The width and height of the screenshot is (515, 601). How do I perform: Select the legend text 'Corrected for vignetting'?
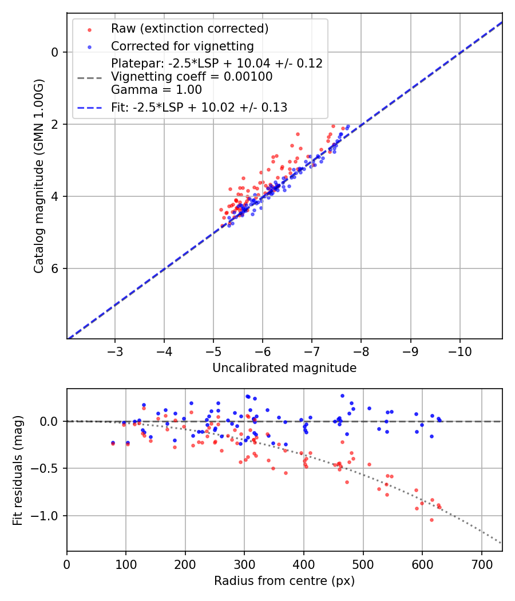(182, 46)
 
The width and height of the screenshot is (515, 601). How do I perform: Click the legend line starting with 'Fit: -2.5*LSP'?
(199, 107)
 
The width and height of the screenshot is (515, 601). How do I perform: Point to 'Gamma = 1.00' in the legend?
(156, 89)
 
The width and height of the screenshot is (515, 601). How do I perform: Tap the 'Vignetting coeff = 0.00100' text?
(192, 76)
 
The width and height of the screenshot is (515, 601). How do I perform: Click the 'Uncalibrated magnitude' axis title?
(284, 368)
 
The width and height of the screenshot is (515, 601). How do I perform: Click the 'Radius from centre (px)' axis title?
(284, 581)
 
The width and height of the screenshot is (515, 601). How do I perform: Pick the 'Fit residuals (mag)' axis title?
(18, 470)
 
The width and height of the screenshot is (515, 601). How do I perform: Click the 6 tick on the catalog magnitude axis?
(55, 268)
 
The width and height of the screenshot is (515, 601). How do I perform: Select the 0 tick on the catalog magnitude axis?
(55, 52)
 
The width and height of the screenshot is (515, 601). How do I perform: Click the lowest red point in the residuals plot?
(431, 520)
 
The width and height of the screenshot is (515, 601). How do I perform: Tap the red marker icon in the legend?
(89, 29)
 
